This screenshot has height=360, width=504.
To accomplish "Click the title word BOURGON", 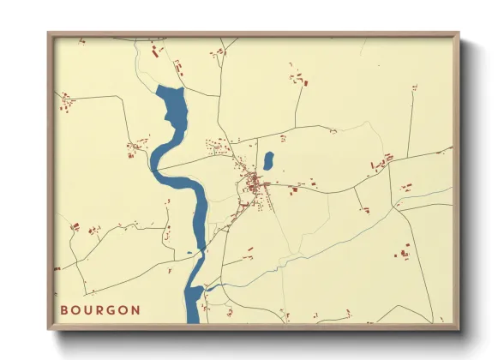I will (100, 309).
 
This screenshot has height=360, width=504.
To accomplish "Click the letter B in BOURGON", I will (64, 309).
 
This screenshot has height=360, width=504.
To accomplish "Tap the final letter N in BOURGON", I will (136, 309).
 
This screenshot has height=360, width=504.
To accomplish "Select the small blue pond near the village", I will (268, 160).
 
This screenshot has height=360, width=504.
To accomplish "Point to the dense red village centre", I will (254, 183).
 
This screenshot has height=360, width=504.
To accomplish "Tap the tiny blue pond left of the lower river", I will (189, 253).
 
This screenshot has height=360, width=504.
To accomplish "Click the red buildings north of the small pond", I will (297, 80).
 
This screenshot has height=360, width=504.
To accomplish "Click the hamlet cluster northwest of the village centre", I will (214, 147).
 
